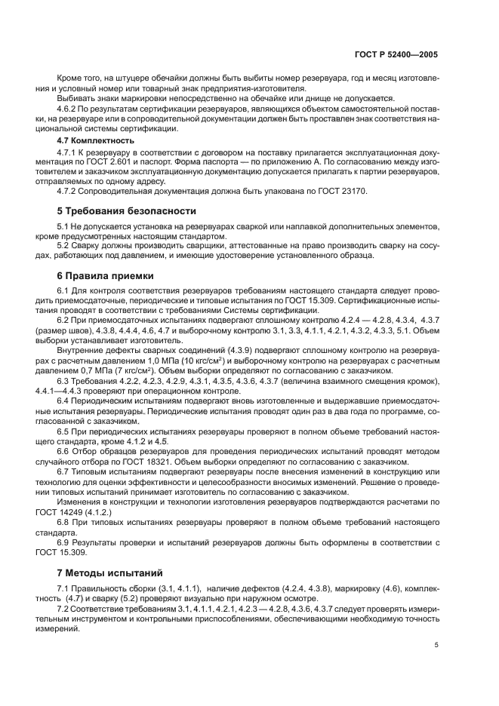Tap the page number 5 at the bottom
click(437, 645)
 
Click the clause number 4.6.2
click(66, 109)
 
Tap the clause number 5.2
click(63, 246)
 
